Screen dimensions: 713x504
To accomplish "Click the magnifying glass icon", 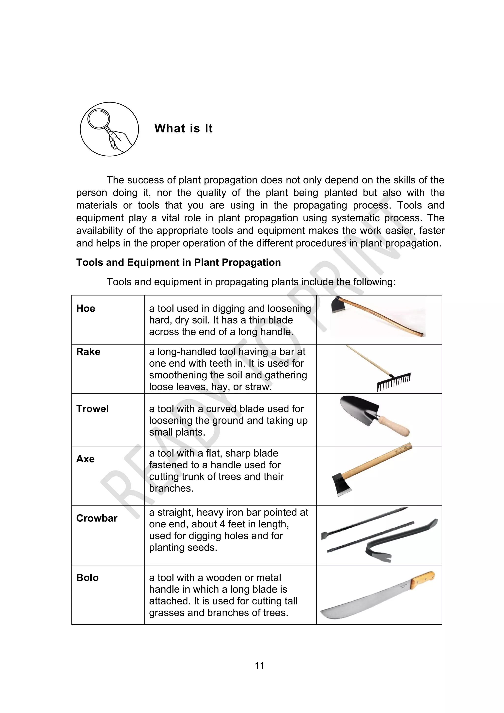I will click(109, 129).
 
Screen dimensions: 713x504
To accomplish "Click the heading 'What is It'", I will click(183, 129).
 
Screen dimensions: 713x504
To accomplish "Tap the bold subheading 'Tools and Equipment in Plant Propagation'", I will click(178, 262).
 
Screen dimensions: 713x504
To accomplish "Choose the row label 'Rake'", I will click(88, 352).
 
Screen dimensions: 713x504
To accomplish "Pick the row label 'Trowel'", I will click(93, 409).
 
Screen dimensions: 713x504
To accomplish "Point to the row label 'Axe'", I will click(85, 459).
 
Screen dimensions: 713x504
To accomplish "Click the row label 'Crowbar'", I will click(97, 518).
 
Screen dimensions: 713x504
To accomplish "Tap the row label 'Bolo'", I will click(88, 578).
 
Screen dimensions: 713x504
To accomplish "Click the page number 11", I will click(259, 665).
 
